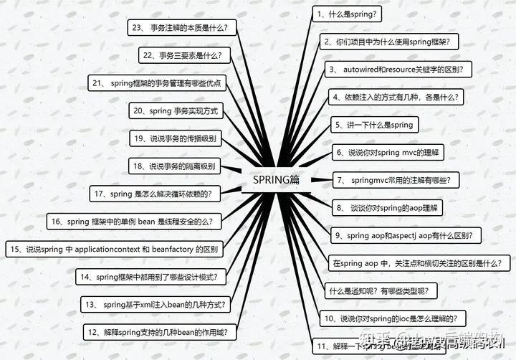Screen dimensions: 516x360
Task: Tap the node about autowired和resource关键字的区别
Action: [x=398, y=69]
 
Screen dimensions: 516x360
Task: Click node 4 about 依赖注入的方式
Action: [x=396, y=96]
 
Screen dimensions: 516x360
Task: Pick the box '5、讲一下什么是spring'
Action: [x=374, y=125]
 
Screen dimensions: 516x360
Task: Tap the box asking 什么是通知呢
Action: [x=384, y=290]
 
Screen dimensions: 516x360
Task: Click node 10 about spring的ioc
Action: [x=391, y=318]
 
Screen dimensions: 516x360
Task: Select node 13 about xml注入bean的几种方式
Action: [x=156, y=305]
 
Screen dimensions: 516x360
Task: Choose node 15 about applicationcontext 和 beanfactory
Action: [x=115, y=250]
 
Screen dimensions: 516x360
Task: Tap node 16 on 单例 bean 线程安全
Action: [x=134, y=222]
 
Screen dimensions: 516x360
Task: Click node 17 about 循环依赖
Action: [x=155, y=194]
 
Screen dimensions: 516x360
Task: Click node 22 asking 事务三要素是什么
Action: [x=183, y=55]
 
